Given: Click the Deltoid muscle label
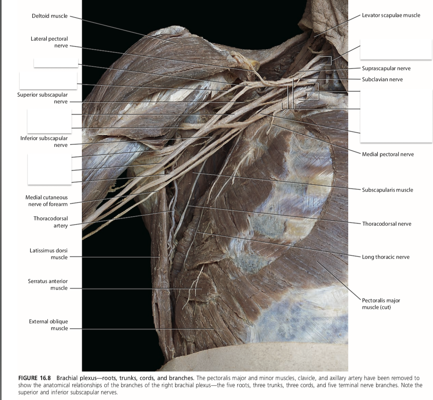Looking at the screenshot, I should point(49,16).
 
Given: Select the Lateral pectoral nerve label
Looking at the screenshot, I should point(49,42).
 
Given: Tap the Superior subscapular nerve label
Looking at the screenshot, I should point(43,98).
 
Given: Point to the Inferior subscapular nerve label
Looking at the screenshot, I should point(44,141).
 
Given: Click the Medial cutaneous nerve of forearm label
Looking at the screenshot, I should point(46,201).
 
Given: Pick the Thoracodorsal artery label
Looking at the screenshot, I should point(50,222).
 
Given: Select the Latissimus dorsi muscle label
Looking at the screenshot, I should point(48,254).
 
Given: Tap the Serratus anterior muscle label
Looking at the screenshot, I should point(48,285).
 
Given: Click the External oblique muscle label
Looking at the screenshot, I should point(48,325).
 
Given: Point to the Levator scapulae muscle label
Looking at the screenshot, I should point(391,15).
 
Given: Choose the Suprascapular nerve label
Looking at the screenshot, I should point(386,68).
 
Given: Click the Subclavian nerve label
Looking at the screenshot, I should point(382,79).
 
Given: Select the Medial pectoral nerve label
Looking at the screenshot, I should point(388,154).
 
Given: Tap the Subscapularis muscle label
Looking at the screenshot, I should point(387,190).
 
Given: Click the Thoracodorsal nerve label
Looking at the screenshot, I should point(387,224).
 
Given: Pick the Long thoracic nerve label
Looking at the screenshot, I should point(385,257).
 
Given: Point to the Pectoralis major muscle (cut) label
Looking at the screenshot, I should point(381,303).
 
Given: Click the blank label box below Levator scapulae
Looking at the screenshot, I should point(395,49).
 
